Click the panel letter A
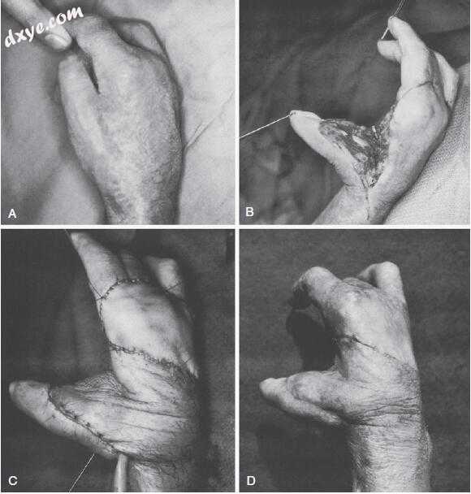12,214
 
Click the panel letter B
249,212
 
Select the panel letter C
13,481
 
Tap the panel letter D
251,481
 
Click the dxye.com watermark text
44,26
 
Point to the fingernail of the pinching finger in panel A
57,40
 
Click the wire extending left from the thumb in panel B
265,127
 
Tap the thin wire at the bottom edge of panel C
83,472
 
